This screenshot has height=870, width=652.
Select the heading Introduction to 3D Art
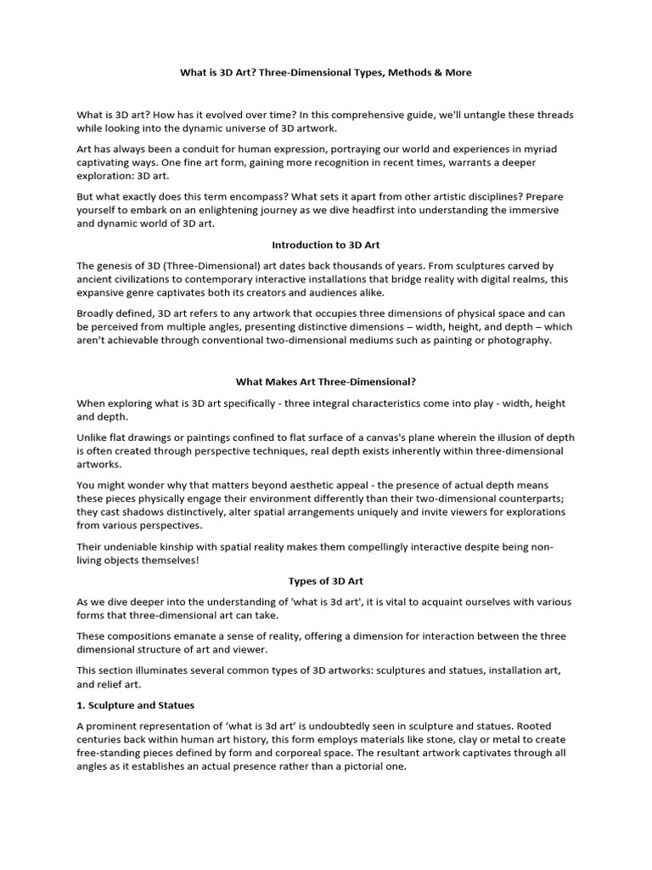[326, 245]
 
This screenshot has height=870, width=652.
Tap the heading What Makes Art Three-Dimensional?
[326, 382]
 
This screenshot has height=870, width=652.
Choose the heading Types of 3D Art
[326, 581]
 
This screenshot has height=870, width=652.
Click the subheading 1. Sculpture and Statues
[136, 705]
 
